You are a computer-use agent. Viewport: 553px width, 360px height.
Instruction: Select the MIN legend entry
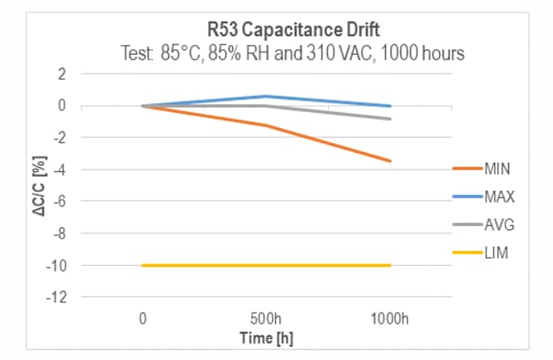tap(496, 169)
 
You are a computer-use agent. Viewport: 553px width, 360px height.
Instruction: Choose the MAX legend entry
tap(497, 197)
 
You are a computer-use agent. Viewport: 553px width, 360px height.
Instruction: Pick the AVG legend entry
tap(497, 224)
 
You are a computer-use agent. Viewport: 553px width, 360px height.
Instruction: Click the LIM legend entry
tap(496, 253)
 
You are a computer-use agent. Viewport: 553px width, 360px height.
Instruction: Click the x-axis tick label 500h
tap(266, 318)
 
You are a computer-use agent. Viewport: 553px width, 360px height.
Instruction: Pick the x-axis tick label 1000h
tap(389, 318)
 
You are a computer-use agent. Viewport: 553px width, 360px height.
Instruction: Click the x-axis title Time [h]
tap(266, 337)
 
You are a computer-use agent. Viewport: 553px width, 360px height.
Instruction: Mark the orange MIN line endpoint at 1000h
tap(390, 160)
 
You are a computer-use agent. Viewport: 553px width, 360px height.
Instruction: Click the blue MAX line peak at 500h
tap(266, 96)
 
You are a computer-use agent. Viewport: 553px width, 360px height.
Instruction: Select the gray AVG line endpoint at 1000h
tap(390, 119)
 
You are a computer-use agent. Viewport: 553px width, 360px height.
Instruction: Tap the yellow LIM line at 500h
tap(266, 265)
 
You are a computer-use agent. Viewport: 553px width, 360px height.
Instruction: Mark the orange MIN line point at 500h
tap(266, 126)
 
